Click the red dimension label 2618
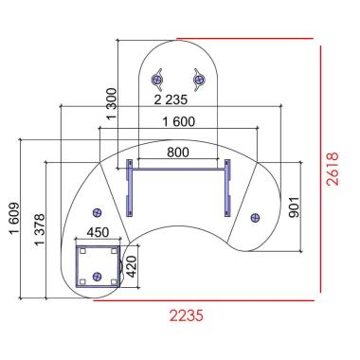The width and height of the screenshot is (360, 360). pos(333,169)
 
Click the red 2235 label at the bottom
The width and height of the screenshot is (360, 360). pos(187,315)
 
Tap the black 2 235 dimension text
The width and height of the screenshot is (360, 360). pos(171,99)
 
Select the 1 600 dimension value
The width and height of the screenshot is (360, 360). pos(179,121)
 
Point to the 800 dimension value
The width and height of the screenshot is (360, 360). pos(178,153)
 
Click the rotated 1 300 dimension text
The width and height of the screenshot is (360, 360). pos(112,104)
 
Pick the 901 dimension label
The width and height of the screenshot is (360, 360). pos(294,207)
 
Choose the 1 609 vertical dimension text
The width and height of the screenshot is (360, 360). pos(15,219)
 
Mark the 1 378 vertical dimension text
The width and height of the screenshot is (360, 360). pos(40,230)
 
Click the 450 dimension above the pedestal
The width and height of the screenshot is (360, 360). pos(98,232)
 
